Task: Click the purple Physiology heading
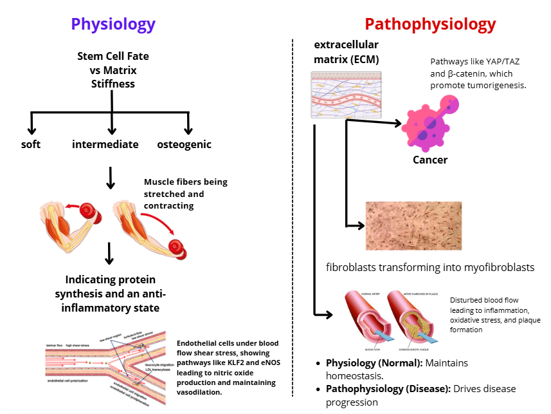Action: click(x=113, y=24)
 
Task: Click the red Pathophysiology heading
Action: click(x=430, y=24)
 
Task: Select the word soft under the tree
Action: click(x=31, y=144)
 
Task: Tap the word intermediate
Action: click(x=105, y=144)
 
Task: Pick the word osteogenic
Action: click(x=184, y=144)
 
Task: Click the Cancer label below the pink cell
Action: click(x=429, y=160)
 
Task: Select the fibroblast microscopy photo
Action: click(x=414, y=225)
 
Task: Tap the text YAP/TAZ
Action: click(x=500, y=63)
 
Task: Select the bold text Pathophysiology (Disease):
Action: click(x=388, y=389)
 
